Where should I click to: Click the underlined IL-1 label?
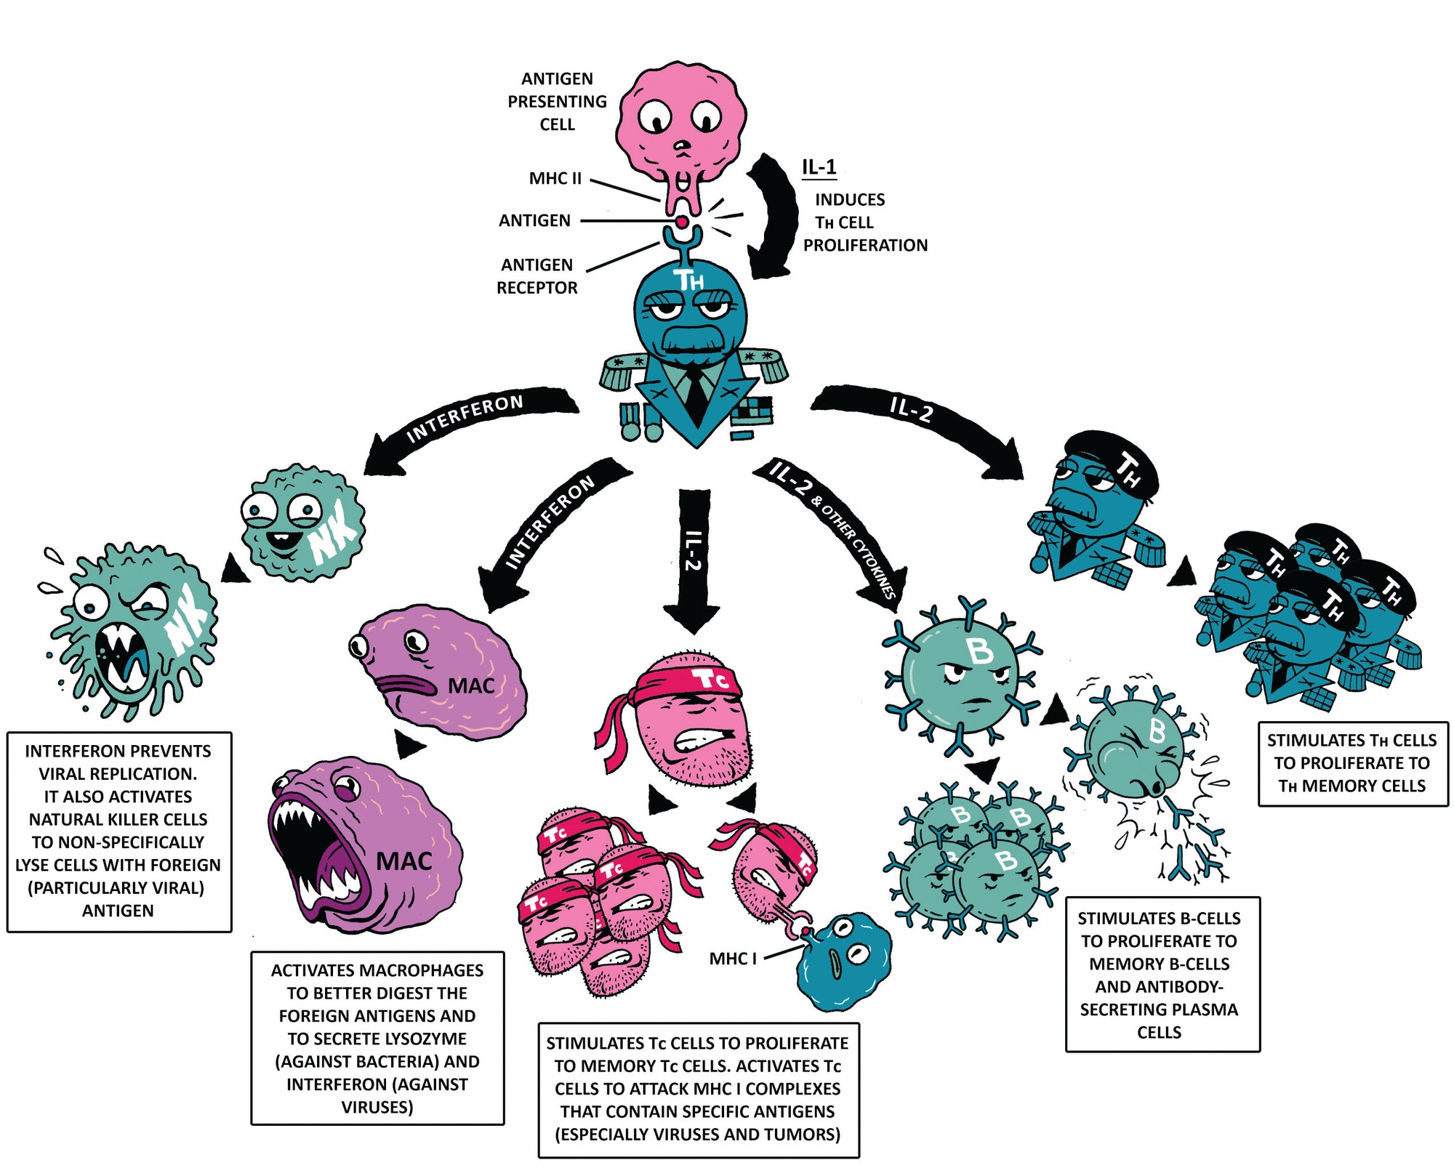[x=819, y=167]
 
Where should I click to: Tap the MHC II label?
[x=555, y=178]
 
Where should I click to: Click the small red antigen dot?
[x=683, y=221]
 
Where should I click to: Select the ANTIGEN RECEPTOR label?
[x=537, y=276]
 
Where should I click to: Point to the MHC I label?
[x=733, y=959]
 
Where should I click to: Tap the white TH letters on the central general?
[x=688, y=281]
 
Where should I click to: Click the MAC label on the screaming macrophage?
[x=404, y=862]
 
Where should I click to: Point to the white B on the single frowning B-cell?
[x=979, y=651]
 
